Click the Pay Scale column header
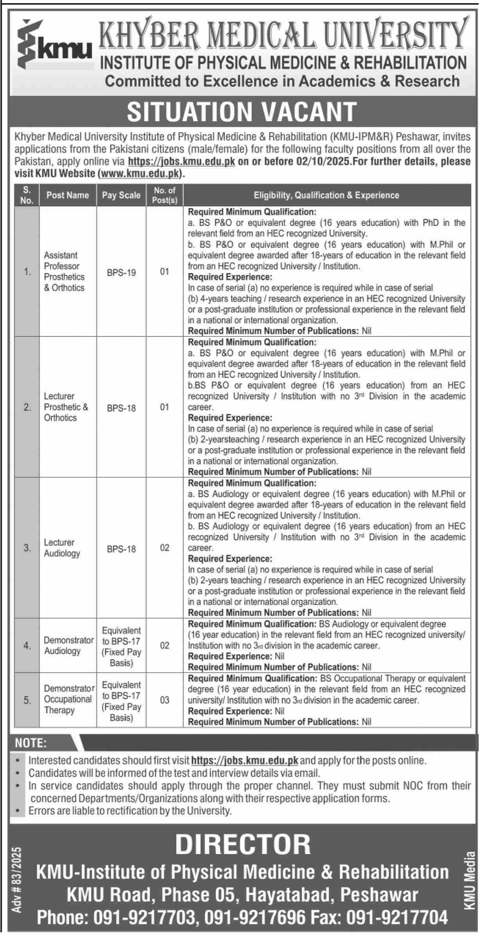121,195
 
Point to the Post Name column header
68,195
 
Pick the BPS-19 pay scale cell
121,272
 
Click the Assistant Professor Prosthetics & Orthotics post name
64,272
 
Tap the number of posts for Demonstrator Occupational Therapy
165,700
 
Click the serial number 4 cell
27,646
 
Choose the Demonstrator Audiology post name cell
68,646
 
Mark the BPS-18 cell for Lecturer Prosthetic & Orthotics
121,408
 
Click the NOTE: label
31,743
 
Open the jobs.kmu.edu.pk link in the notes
245,761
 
